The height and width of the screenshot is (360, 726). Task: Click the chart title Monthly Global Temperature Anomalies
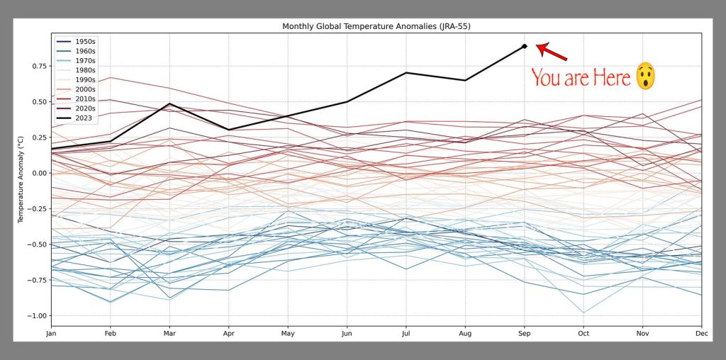coord(376,26)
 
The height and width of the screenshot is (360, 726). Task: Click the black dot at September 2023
coord(524,46)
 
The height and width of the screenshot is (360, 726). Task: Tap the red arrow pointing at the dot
coord(552,52)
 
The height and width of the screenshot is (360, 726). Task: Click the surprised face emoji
coord(644,76)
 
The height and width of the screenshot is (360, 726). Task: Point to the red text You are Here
coord(581,77)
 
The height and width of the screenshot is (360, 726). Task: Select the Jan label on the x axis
coord(51,333)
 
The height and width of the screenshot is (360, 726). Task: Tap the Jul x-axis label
coord(406,333)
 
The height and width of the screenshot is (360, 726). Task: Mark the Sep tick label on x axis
coord(524,333)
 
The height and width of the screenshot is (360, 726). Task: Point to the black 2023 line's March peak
coord(169,103)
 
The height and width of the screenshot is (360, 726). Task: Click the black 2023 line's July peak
coord(406,72)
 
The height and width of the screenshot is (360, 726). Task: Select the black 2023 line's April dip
coord(228,130)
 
